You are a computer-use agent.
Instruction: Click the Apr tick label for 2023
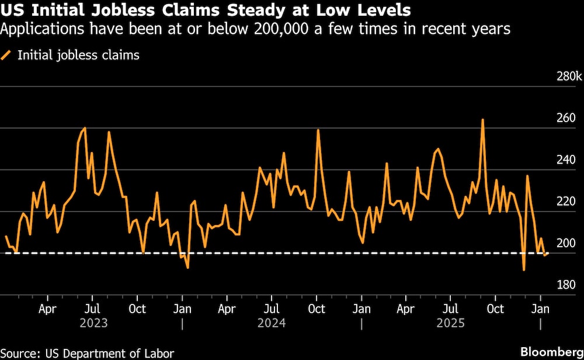click(x=47, y=308)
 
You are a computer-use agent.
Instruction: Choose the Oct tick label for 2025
click(x=495, y=308)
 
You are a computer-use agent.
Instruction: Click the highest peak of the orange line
click(x=483, y=120)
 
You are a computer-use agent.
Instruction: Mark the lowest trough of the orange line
click(x=524, y=270)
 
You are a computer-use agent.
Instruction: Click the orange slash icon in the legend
click(x=7, y=56)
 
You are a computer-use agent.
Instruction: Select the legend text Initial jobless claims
click(x=78, y=56)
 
